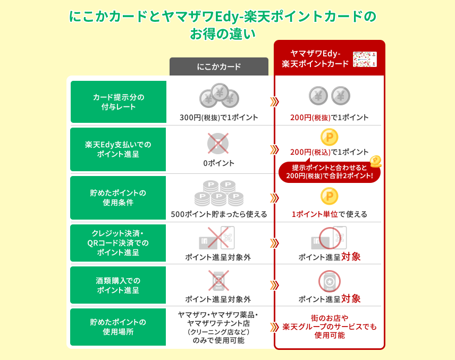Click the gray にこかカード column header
[218, 66]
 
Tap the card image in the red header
[365, 59]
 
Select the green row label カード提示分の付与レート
[119, 102]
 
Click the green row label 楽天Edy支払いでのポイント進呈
[119, 149]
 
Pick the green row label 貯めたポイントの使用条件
[119, 197]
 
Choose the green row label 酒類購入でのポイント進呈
[119, 285]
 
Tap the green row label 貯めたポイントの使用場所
[119, 327]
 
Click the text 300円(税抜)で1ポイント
[218, 118]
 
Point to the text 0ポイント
[218, 163]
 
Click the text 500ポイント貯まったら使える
[218, 214]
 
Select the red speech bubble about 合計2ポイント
[330, 172]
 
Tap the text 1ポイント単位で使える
[329, 214]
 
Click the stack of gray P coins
[218, 193]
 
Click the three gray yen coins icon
[219, 95]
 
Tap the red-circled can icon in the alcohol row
[329, 282]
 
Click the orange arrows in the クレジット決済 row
[274, 243]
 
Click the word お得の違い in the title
[223, 34]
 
